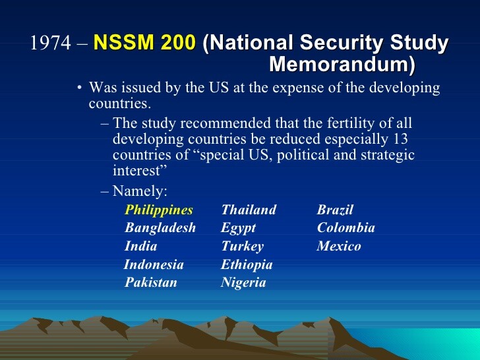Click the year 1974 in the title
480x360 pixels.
51,42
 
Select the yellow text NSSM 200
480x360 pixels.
144,42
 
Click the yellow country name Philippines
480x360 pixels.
159,210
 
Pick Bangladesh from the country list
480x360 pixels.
160,227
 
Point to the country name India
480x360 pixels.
141,246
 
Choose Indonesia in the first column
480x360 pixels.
154,264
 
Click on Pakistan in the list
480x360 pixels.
150,282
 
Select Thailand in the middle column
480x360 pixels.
249,210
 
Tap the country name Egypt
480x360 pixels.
238,228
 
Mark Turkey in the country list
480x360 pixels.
242,247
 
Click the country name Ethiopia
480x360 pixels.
247,265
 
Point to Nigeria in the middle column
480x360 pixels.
243,283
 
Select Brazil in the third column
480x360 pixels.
335,210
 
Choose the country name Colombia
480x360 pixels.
346,227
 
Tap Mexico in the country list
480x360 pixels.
339,246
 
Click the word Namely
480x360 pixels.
140,191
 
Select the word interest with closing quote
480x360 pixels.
140,171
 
